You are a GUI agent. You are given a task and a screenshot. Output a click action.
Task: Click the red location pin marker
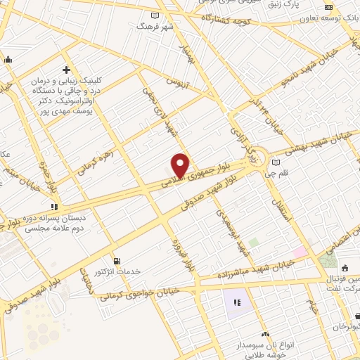click(x=180, y=165)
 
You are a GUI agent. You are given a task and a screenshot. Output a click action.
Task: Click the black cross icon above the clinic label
click(x=66, y=70)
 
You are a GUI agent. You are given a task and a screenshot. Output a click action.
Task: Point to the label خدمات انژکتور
click(x=117, y=272)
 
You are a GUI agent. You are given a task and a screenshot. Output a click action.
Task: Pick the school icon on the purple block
click(x=238, y=302)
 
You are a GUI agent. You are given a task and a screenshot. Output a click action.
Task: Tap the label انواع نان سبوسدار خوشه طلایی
click(x=265, y=349)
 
